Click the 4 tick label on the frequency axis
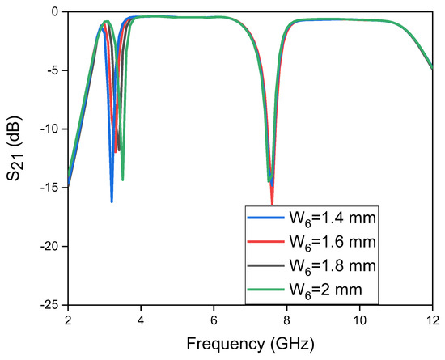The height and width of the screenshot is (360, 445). (141, 320)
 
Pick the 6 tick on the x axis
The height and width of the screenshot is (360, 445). (214, 320)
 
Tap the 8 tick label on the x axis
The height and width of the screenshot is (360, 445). (286, 320)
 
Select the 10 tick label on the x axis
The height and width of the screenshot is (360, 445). (359, 320)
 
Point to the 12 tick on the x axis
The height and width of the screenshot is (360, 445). (431, 320)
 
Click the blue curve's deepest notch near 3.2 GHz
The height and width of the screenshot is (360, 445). (112, 201)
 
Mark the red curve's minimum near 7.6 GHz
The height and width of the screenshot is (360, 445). (272, 203)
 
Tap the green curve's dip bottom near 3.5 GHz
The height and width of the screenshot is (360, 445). (122, 180)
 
